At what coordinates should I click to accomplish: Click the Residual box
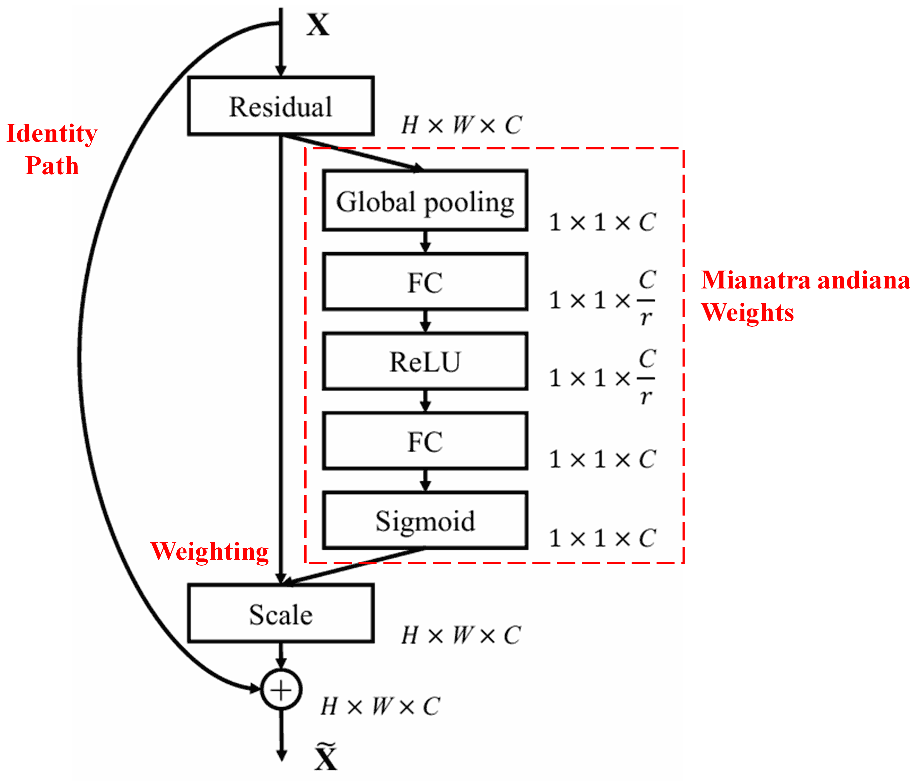pyautogui.click(x=281, y=106)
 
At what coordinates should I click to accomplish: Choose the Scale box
pyautogui.click(x=281, y=614)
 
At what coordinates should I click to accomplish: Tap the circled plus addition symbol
pyautogui.click(x=281, y=690)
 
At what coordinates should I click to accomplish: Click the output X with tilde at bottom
pyautogui.click(x=326, y=757)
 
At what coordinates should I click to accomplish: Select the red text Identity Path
pyautogui.click(x=52, y=149)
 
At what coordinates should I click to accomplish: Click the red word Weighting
pyautogui.click(x=209, y=552)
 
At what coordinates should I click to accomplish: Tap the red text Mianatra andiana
pyautogui.click(x=805, y=280)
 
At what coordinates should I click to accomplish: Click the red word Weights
pyautogui.click(x=747, y=313)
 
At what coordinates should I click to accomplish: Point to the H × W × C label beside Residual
pyautogui.click(x=461, y=125)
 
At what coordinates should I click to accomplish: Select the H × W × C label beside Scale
pyautogui.click(x=461, y=635)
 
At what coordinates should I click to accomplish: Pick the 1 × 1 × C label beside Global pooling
pyautogui.click(x=602, y=222)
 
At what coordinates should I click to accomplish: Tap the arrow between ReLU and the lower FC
pyautogui.click(x=425, y=401)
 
